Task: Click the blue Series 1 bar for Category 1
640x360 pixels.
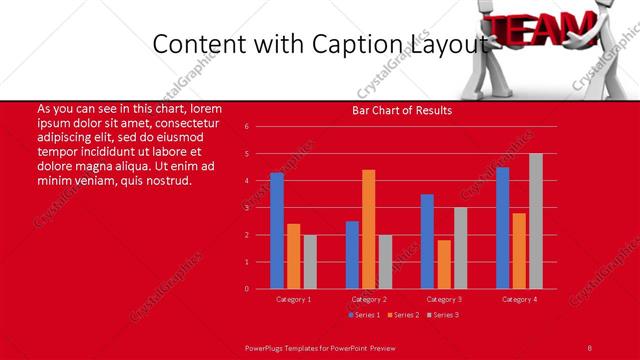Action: coord(277,231)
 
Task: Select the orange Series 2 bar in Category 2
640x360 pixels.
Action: coord(368,229)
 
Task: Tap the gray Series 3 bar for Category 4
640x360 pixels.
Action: coord(535,221)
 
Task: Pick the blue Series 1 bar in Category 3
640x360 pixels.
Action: coord(427,241)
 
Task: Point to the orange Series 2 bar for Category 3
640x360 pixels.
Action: coord(443,264)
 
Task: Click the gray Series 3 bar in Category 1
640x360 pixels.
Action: coord(309,261)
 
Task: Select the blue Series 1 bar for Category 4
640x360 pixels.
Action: coord(502,228)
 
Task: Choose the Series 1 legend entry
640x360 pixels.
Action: coord(363,315)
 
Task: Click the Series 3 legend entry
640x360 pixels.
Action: coord(443,315)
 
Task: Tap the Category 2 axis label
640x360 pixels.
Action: coord(368,299)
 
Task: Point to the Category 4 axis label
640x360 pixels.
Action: coord(519,299)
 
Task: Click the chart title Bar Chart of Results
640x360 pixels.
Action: coord(402,110)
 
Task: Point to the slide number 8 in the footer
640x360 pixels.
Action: coord(590,346)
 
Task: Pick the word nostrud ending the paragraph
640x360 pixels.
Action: coord(170,180)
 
